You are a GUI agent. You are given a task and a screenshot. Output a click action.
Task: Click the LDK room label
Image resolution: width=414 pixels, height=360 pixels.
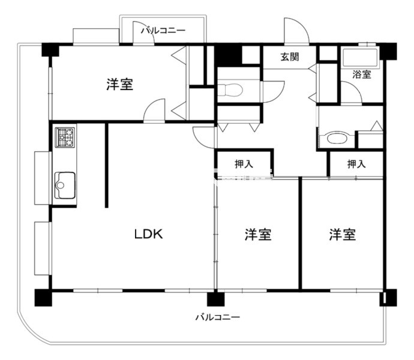[x=148, y=234]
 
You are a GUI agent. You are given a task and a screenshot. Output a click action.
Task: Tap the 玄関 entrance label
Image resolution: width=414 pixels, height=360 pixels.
[x=290, y=57]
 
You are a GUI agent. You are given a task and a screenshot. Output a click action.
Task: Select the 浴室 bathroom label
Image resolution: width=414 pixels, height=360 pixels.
[x=361, y=74]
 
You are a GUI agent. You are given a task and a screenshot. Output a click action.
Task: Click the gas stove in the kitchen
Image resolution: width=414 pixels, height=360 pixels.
[x=65, y=137]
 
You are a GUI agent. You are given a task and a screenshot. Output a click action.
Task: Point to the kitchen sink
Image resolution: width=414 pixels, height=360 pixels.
[x=65, y=185]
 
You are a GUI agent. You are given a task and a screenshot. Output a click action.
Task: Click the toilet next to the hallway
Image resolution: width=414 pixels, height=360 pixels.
[x=230, y=89]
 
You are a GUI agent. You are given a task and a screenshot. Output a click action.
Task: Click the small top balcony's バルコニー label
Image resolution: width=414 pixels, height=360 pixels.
[x=163, y=31]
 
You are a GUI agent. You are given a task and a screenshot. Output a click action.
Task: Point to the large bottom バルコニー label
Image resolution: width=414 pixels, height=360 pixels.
[x=218, y=317]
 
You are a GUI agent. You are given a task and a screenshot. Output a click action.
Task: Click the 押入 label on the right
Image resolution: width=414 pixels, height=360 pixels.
[x=356, y=164]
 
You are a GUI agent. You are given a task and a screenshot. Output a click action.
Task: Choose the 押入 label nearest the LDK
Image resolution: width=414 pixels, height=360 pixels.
[x=244, y=164]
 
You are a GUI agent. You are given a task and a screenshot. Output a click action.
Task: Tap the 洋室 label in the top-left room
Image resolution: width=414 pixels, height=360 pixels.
[x=119, y=84]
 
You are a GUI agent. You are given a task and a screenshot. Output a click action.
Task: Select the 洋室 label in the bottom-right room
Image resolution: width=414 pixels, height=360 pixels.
[x=343, y=234]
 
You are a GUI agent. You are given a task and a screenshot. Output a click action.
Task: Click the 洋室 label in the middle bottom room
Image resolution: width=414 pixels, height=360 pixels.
[x=258, y=234]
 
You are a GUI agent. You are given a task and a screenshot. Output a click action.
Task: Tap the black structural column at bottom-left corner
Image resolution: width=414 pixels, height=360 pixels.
[x=43, y=298]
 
